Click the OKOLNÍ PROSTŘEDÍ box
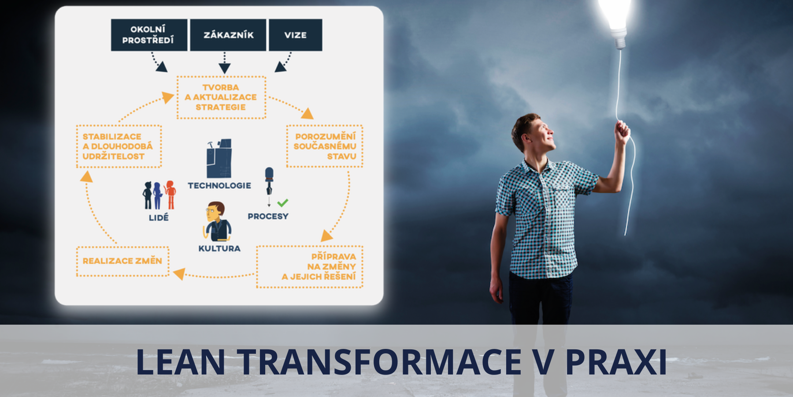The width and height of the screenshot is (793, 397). [149, 35]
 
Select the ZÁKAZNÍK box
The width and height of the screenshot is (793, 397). [228, 35]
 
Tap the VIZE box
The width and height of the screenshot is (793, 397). [296, 35]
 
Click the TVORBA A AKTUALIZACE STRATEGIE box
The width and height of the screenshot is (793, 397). [221, 97]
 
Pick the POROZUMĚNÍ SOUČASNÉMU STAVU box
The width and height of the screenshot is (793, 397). [325, 146]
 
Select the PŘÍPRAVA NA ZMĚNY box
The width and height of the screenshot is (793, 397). [310, 267]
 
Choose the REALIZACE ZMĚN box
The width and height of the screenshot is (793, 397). [122, 261]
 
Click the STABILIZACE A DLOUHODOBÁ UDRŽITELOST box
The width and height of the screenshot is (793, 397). [119, 146]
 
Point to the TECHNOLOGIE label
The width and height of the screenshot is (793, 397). [219, 186]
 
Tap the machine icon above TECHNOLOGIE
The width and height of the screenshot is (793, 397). [219, 158]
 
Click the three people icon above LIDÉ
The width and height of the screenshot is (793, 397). [159, 195]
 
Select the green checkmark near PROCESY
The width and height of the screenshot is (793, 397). [283, 202]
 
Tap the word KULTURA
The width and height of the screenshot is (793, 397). [219, 248]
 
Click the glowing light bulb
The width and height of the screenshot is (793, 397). [615, 22]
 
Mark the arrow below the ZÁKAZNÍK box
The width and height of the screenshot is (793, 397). [225, 63]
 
